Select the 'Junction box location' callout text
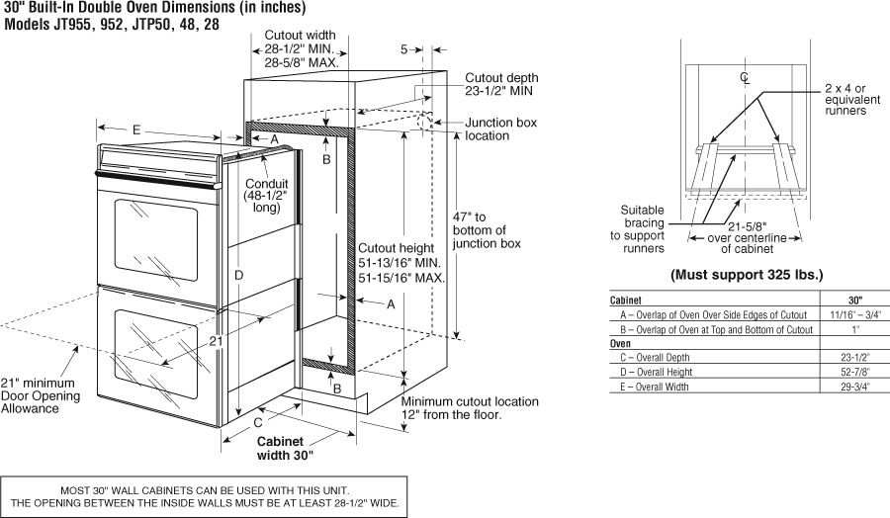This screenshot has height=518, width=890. tap(500, 129)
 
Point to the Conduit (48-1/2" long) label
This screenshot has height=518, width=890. tap(265, 196)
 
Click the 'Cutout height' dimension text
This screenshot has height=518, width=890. tap(400, 264)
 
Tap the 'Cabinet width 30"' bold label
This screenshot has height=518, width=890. tap(285, 449)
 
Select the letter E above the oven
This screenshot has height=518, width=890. tap(135, 129)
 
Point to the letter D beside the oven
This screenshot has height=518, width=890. tap(238, 275)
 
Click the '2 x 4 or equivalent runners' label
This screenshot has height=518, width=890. tap(845, 100)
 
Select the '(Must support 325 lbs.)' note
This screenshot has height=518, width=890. tap(747, 274)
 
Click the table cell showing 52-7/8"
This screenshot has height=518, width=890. tap(854, 372)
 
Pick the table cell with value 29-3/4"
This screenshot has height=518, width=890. tap(854, 387)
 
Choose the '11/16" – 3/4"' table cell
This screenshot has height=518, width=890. tap(854, 314)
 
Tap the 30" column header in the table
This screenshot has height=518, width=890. tap(854, 300)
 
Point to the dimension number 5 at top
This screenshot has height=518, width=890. tap(404, 49)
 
